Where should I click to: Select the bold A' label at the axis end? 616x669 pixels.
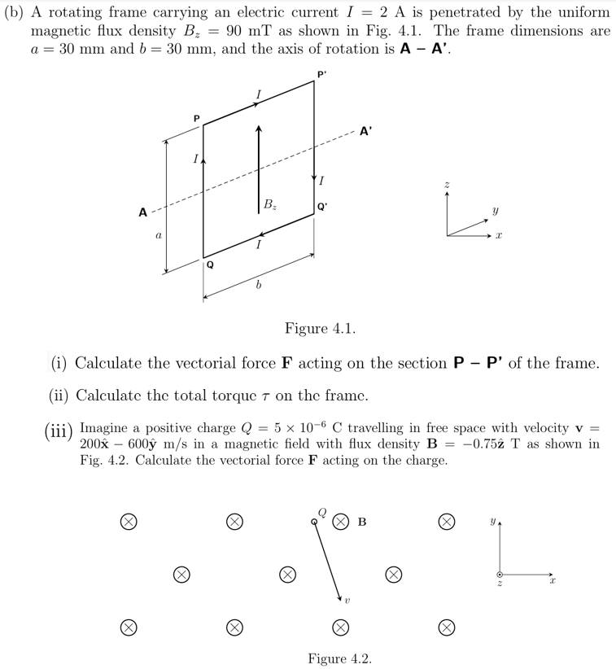365,129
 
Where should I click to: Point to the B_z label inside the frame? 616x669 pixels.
269,204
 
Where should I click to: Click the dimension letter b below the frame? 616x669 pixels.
257,286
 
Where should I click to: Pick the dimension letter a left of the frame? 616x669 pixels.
159,234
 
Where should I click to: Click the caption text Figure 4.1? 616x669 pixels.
319,329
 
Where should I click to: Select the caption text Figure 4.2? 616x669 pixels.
339,658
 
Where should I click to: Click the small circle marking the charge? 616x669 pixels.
314,522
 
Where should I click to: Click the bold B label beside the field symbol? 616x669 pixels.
362,522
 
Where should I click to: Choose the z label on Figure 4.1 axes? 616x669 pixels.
447,187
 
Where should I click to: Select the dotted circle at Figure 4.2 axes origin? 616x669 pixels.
500,574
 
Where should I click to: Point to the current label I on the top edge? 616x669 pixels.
259,96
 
